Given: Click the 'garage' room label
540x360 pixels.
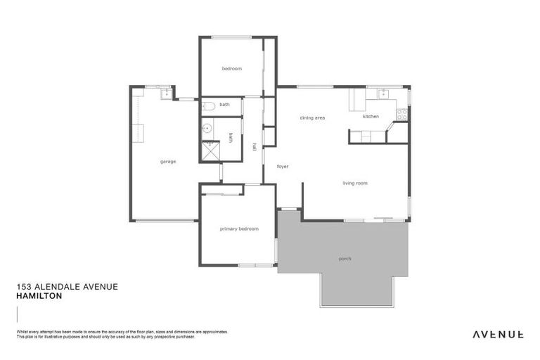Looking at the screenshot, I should (x=167, y=162).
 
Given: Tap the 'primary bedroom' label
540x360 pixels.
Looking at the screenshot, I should (x=239, y=229).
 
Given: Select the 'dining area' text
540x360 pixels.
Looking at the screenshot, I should (x=312, y=118).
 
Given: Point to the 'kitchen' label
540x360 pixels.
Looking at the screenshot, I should (x=371, y=117).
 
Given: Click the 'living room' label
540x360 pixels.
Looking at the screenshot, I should (x=355, y=184).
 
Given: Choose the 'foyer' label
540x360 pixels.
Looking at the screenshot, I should (x=283, y=167).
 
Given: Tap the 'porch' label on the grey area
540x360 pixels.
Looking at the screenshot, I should (x=345, y=259).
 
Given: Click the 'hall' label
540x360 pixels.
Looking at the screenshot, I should (x=254, y=147).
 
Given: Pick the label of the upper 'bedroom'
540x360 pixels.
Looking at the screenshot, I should (x=232, y=68).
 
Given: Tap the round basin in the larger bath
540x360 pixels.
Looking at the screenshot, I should (x=207, y=128).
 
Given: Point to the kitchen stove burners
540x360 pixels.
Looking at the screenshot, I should (x=402, y=112).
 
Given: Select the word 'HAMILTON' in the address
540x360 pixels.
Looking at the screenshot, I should (x=39, y=297).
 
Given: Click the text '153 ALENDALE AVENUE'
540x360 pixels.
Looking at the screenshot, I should (x=67, y=287).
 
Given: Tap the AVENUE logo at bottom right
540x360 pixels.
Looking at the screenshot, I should (x=497, y=334).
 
